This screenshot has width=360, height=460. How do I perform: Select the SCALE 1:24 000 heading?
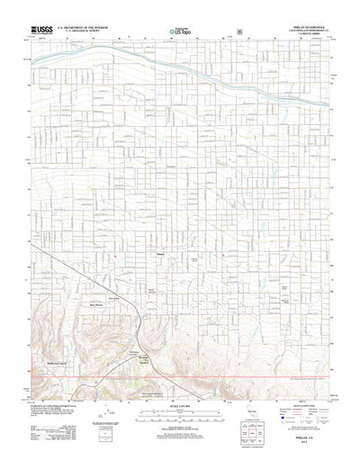coord(180,393)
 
